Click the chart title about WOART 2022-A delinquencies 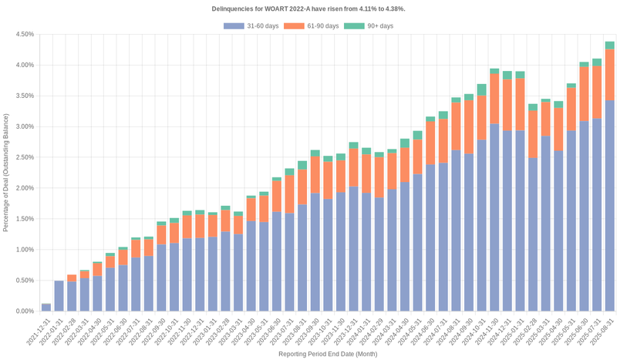click(x=308, y=8)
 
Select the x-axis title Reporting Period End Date click(x=327, y=355)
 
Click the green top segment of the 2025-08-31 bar click(x=609, y=45)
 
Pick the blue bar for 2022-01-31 click(x=59, y=296)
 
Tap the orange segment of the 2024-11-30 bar click(x=494, y=99)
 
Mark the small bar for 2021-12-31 click(x=46, y=308)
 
